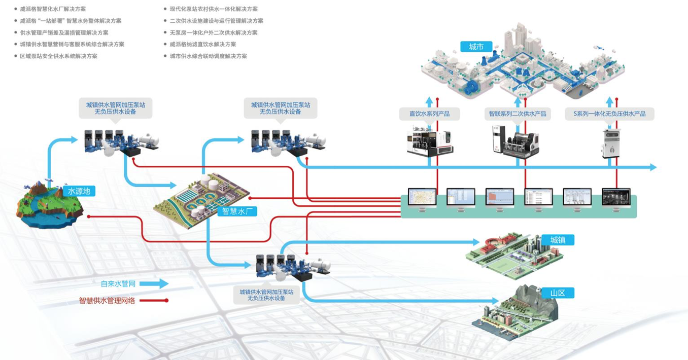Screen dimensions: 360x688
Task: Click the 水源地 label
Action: point(79,191)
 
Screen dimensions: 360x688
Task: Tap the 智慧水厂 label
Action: point(237,211)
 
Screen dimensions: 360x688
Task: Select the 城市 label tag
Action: point(476,47)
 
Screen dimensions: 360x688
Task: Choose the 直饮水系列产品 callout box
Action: point(429,114)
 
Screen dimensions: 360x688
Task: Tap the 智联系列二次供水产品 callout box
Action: point(517,114)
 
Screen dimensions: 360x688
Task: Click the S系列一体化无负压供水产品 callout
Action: point(609,114)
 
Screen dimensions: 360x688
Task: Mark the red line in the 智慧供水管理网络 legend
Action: point(153,301)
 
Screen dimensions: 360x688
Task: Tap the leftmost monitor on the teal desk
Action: point(422,198)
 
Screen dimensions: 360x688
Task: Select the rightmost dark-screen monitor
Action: point(616,198)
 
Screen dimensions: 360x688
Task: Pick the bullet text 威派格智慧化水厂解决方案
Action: point(53,9)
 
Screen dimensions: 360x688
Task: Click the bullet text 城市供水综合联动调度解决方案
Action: point(209,56)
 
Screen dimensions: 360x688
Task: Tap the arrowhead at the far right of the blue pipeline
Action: point(653,167)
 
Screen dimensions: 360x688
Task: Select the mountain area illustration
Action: point(518,310)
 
